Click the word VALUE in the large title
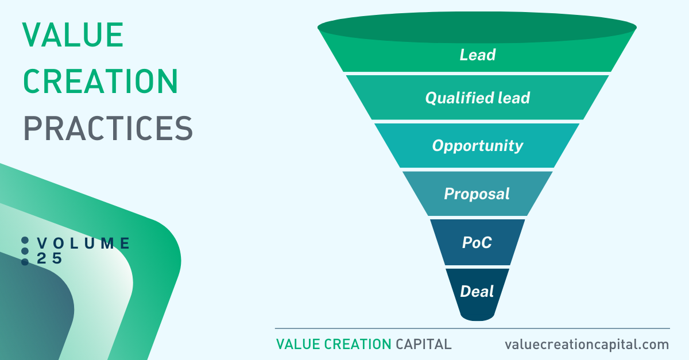click(x=73, y=35)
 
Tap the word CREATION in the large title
click(x=100, y=81)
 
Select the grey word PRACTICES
click(x=108, y=128)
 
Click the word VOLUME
click(x=84, y=243)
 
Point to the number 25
click(x=49, y=258)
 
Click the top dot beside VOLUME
click(x=25, y=241)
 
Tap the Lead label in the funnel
click(x=477, y=55)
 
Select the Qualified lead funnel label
click(x=477, y=98)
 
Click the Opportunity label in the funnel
click(x=477, y=146)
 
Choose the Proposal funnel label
click(x=477, y=194)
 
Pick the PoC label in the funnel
click(x=477, y=242)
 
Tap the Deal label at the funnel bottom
click(x=477, y=291)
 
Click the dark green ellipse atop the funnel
click(x=477, y=27)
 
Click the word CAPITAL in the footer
click(x=424, y=344)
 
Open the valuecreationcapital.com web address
click(x=587, y=344)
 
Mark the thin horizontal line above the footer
click(x=473, y=328)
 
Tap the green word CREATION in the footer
click(x=358, y=344)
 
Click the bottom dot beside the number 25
click(x=25, y=262)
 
